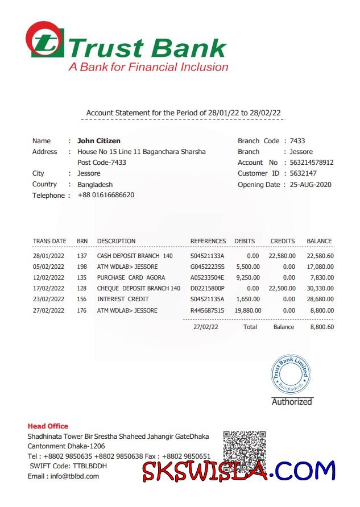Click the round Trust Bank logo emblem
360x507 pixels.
tap(44, 39)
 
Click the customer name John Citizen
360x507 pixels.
tap(98, 141)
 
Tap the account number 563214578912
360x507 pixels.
tap(312, 163)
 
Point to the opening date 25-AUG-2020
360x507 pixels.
tap(311, 185)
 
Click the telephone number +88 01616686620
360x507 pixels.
tap(106, 196)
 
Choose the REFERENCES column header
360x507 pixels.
tap(208, 241)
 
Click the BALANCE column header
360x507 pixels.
tap(319, 241)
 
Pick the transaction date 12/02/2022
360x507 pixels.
tap(49, 278)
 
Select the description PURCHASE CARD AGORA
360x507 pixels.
tap(131, 278)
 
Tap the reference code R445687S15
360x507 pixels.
tap(208, 311)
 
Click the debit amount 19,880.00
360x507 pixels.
tap(247, 311)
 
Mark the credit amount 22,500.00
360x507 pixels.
tap(282, 289)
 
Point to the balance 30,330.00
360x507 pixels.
tap(320, 289)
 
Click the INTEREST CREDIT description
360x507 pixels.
tap(123, 300)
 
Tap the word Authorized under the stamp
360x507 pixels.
tap(292, 402)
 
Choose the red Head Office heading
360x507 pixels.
tap(48, 426)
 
